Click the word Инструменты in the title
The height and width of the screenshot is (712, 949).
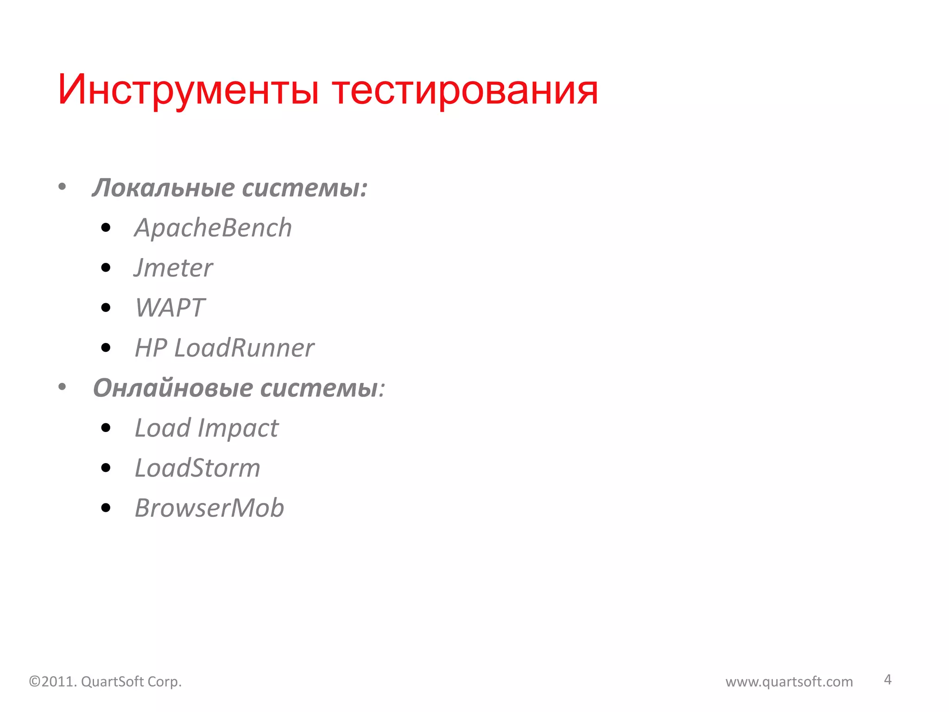point(188,90)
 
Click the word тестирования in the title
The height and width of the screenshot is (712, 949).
point(465,90)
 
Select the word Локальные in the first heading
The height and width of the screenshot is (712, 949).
point(164,188)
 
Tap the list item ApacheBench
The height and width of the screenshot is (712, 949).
point(213,228)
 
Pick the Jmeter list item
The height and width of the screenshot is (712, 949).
point(173,268)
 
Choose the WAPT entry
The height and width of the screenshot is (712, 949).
point(170,308)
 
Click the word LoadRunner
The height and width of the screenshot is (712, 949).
point(244,348)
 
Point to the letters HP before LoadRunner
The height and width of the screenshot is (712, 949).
point(151,348)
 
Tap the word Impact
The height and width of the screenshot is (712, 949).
point(238,428)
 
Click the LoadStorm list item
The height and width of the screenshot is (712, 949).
point(197,468)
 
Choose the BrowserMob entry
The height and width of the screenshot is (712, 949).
point(209,508)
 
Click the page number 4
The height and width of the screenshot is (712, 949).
point(887,680)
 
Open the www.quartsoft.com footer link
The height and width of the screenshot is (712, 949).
point(789,682)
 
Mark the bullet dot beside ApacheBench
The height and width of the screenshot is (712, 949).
point(106,228)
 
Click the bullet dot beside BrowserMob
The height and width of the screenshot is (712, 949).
point(106,508)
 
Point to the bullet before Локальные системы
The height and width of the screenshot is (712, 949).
point(62,187)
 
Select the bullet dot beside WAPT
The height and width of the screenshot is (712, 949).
point(106,308)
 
